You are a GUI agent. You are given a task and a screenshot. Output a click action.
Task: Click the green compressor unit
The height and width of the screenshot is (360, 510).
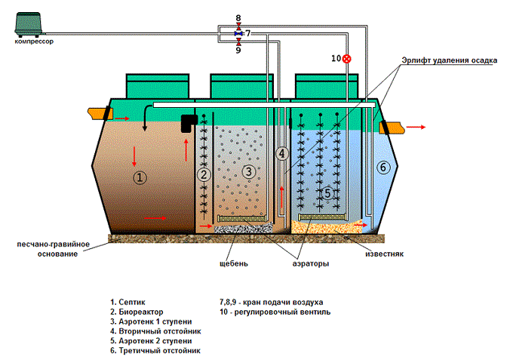[x=29, y=24]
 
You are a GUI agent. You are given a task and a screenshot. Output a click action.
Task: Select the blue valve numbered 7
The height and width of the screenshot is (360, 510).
[x=238, y=33]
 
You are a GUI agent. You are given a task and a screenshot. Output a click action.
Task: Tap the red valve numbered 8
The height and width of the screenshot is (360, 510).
[x=238, y=26]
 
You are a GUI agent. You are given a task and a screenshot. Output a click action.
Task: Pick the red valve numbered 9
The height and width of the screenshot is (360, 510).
[x=238, y=42]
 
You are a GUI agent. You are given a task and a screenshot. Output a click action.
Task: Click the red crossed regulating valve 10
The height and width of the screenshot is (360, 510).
[x=347, y=59]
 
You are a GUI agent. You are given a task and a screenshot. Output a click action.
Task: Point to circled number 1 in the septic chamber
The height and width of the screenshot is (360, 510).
[x=140, y=177]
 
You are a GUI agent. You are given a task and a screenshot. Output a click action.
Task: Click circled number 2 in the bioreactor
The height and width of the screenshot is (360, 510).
[x=204, y=174]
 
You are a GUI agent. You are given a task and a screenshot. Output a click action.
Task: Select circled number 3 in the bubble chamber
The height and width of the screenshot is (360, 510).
[x=249, y=171]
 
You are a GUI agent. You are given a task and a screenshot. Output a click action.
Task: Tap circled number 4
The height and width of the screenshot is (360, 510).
[x=281, y=153]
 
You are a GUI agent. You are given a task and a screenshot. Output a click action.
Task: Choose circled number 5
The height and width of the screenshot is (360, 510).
[x=327, y=193]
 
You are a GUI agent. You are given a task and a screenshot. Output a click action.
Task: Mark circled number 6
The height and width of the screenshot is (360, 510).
[x=383, y=168]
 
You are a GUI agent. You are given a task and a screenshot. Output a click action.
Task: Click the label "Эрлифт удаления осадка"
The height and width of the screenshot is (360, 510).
[x=449, y=60]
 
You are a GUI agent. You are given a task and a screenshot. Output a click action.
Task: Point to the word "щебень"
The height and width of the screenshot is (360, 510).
[x=234, y=263]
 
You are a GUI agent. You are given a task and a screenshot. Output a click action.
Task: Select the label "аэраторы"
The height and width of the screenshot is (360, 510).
[x=311, y=263]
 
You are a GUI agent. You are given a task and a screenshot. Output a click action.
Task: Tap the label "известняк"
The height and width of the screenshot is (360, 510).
[x=384, y=254]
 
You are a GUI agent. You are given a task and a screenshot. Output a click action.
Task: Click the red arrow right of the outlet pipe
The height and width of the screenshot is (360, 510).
[x=416, y=127]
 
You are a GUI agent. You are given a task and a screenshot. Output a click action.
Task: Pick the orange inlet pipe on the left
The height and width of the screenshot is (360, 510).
[x=100, y=114]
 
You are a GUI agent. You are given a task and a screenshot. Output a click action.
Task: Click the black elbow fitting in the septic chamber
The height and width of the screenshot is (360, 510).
[x=189, y=123]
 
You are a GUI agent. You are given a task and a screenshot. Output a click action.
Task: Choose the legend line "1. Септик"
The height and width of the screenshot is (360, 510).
[x=127, y=302]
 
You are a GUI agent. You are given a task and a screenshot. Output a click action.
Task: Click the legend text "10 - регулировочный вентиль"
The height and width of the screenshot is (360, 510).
[x=275, y=312]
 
